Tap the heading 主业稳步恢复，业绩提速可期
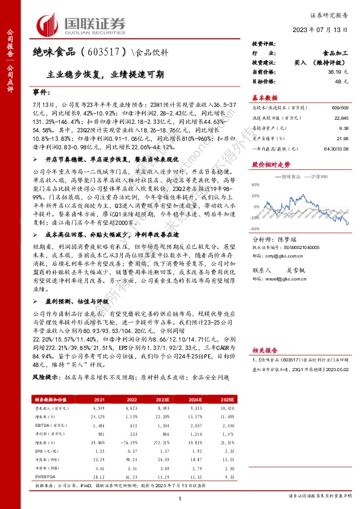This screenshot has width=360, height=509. [x=105, y=74]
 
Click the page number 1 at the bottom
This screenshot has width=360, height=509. [x=180, y=498]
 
